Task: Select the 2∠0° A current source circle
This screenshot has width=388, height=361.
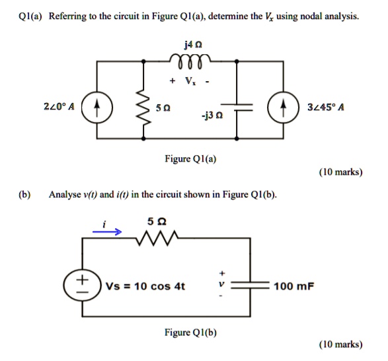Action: [x=97, y=108]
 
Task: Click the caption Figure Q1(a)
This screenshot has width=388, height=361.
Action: [x=194, y=158]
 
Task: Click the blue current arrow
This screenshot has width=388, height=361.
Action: [x=106, y=232]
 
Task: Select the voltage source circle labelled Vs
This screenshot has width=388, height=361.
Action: [x=83, y=286]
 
